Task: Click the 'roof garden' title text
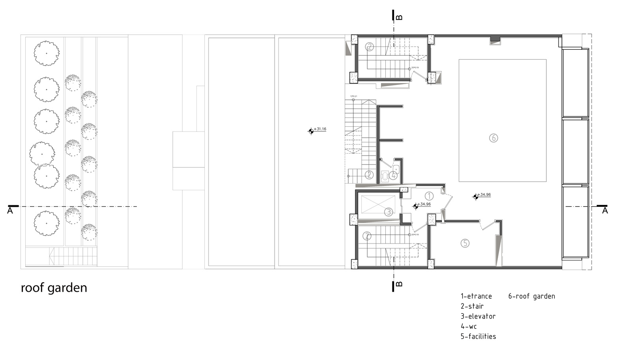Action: pyautogui.click(x=54, y=288)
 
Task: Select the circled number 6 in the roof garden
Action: pyautogui.click(x=493, y=138)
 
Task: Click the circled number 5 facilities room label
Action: pyautogui.click(x=465, y=243)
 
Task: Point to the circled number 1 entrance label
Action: pyautogui.click(x=429, y=196)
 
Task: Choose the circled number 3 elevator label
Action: pyautogui.click(x=389, y=212)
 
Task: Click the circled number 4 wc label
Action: pyautogui.click(x=393, y=176)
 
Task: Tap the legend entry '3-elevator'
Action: pyautogui.click(x=478, y=316)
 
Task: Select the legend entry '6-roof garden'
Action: pyautogui.click(x=531, y=296)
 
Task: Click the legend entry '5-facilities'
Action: pyautogui.click(x=478, y=336)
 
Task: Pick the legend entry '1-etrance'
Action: pyautogui.click(x=476, y=296)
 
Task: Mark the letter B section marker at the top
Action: pyautogui.click(x=399, y=17)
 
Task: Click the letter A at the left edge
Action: pyautogui.click(x=10, y=211)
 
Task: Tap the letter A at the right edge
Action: pyautogui.click(x=605, y=211)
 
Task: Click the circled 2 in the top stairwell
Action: pyautogui.click(x=369, y=47)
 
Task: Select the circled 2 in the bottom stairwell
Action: pyautogui.click(x=367, y=236)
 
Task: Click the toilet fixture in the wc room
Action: pyautogui.click(x=385, y=175)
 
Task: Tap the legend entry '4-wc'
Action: pyautogui.click(x=468, y=326)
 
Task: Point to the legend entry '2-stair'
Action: pyautogui.click(x=472, y=306)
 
